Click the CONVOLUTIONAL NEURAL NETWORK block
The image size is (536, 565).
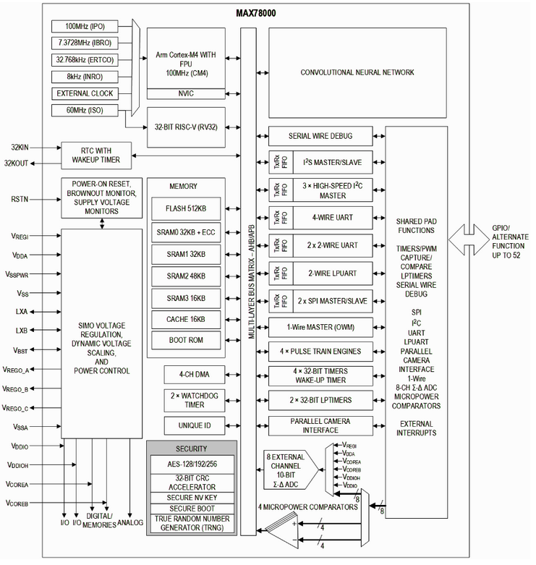coord(357,72)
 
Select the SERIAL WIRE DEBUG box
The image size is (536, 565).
coord(321,135)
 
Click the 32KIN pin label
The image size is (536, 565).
coord(19,147)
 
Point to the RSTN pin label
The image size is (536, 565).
coord(19,197)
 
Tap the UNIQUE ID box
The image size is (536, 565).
coord(186,425)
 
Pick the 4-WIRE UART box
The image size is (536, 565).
coord(333,216)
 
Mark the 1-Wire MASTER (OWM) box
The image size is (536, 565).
coord(321,326)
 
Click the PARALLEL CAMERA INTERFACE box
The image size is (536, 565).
coord(321,426)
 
